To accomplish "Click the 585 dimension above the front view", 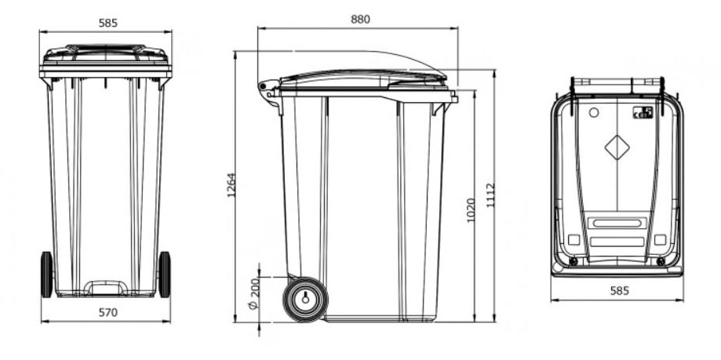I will point(108,23).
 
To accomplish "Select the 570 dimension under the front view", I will point(107,313).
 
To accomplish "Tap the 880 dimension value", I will point(360,19).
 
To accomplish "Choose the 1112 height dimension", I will point(490,194).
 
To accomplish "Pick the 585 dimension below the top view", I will point(617,291).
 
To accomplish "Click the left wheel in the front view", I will point(46,275).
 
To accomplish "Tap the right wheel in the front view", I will point(165,275).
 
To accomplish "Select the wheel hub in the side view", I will point(304,298).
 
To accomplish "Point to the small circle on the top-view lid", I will point(593,113).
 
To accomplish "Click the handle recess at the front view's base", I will point(106,287).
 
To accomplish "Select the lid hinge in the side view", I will point(268,88).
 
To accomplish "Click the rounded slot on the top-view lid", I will point(617,224).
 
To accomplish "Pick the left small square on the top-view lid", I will point(574,239).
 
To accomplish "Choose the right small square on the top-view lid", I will point(660,239).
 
